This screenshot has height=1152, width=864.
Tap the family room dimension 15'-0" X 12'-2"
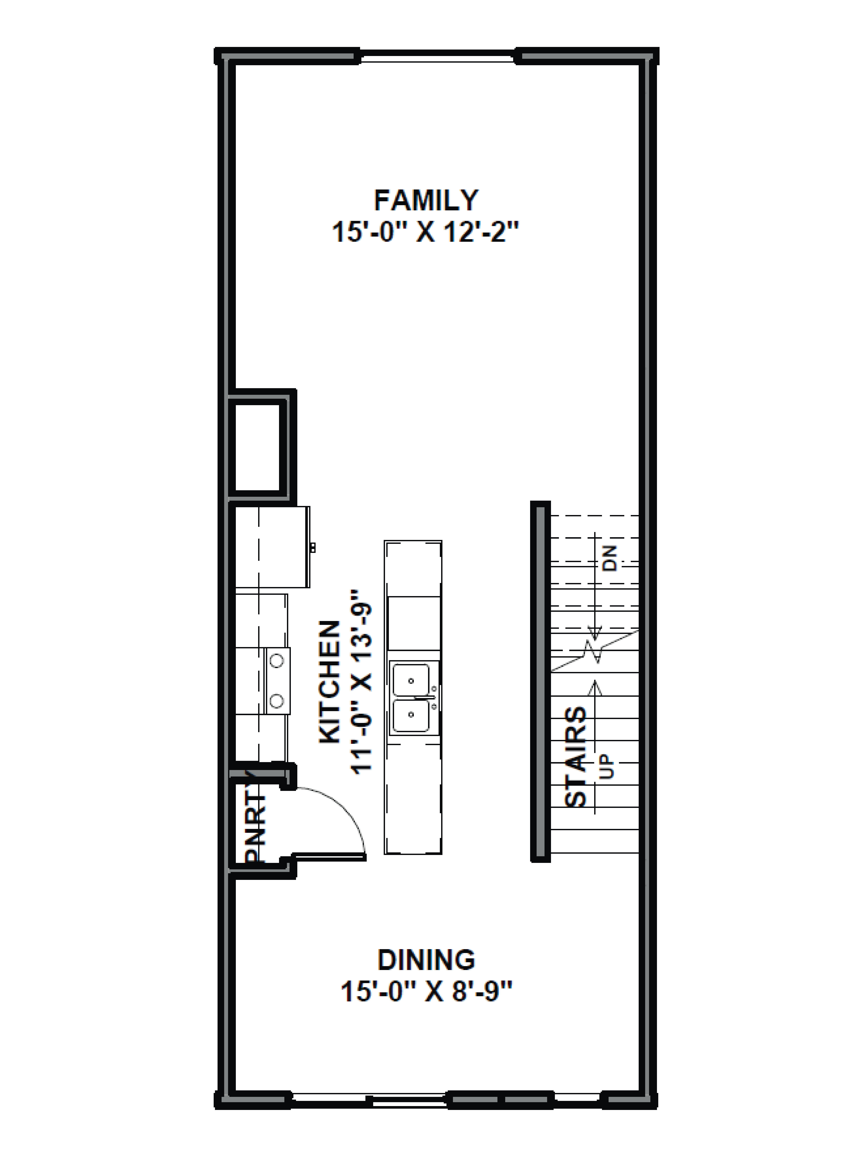pos(426,232)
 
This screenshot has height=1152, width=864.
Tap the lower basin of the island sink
pos(411,715)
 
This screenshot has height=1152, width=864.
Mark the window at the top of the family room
pos(437,56)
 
